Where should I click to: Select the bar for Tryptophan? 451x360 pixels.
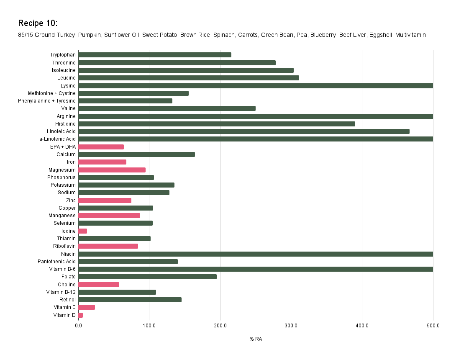pos(154,55)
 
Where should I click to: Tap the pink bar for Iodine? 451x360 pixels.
pos(82,231)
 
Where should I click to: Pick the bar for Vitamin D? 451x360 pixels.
pos(80,315)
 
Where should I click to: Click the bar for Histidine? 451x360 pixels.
pos(216,124)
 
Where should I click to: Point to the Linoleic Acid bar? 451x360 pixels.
pos(243,131)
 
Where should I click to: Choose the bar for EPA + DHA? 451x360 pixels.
pos(101,147)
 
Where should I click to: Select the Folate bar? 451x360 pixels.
pos(147,277)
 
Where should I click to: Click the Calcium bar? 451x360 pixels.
pos(136,154)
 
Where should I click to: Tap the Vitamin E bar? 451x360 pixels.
pos(87,307)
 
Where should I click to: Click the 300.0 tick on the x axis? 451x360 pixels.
pos(291,326)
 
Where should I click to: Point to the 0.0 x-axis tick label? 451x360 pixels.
pos(78,326)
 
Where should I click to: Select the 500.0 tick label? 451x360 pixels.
pos(433,326)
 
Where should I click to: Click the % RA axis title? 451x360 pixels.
pos(256,339)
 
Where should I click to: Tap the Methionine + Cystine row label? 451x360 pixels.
pos(52,93)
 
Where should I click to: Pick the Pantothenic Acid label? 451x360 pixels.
pos(56,262)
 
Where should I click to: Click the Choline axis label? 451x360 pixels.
pos(67,285)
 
